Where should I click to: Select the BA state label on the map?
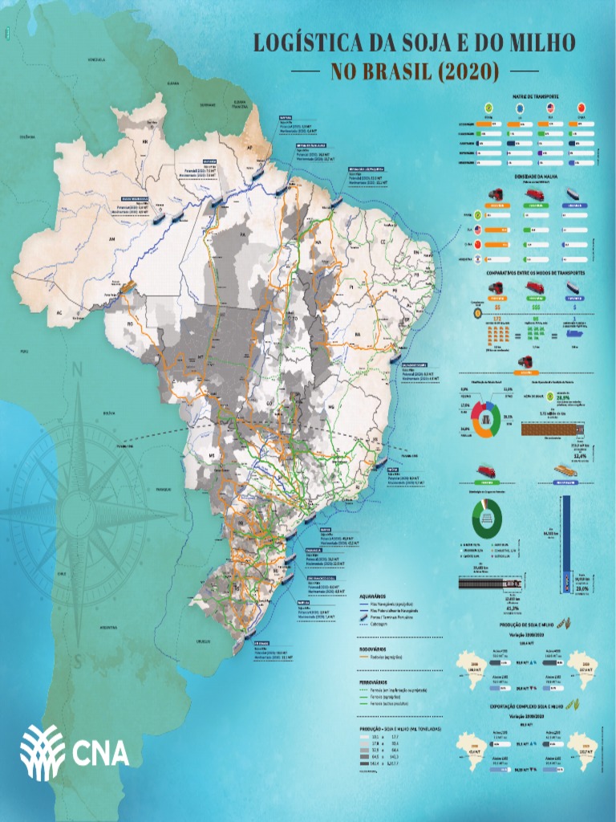click(359, 334)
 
